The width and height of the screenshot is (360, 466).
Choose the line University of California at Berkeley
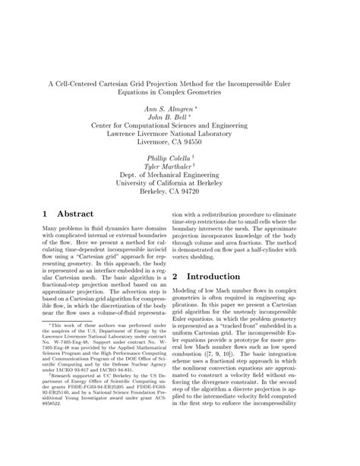click(180, 182)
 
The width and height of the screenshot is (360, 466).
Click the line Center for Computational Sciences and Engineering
click(180, 129)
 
